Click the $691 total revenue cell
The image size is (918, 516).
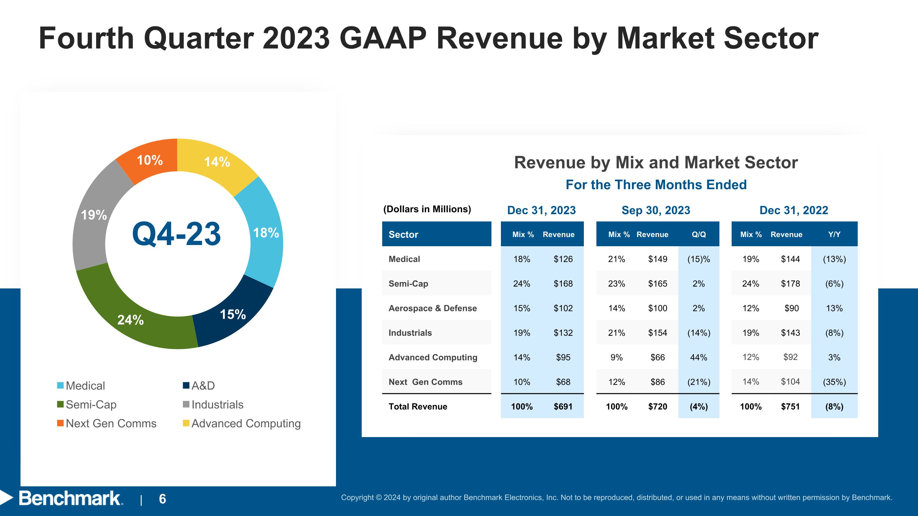pyautogui.click(x=563, y=406)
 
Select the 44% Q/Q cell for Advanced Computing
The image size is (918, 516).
pyautogui.click(x=699, y=357)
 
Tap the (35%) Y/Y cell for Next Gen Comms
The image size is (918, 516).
pyautogui.click(x=834, y=382)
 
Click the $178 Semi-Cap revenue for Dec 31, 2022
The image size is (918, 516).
pyautogui.click(x=790, y=284)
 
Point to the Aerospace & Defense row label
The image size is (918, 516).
pyautogui.click(x=432, y=308)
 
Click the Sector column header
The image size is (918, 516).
pyautogui.click(x=403, y=234)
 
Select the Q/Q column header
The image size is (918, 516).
pyautogui.click(x=699, y=234)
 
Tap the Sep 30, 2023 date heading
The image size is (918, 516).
pyautogui.click(x=656, y=210)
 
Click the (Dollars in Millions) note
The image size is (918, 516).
pyautogui.click(x=427, y=209)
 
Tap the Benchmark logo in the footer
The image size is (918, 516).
pyautogui.click(x=69, y=498)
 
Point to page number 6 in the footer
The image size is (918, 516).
pyautogui.click(x=162, y=499)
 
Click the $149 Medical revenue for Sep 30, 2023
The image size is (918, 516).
pyautogui.click(x=658, y=259)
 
